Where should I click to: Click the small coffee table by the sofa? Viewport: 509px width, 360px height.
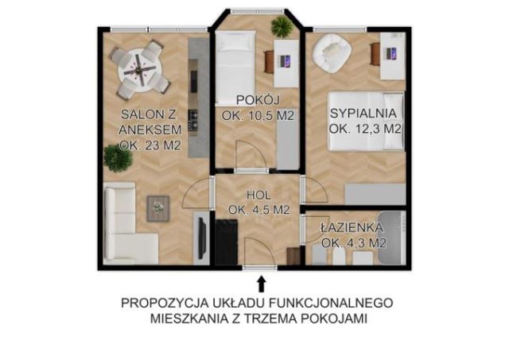pos(159,208)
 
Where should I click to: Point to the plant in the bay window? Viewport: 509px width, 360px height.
pos(282,26)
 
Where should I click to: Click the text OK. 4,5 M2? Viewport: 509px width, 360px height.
pos(258,211)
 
